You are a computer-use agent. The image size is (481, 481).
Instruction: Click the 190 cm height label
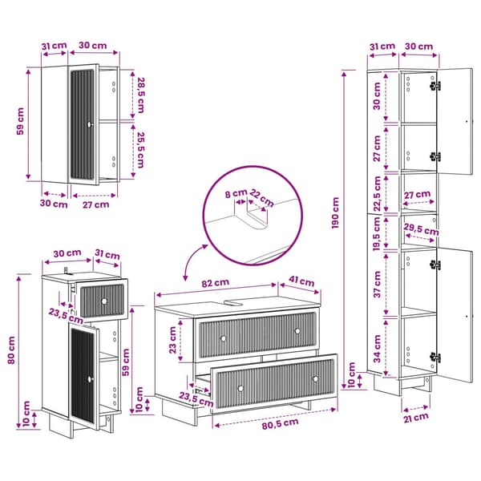coord(335,213)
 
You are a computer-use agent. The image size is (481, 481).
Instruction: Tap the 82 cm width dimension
coord(216,283)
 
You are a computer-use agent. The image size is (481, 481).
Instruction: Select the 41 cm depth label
coord(301,281)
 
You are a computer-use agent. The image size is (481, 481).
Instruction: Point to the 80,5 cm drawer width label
coord(280,423)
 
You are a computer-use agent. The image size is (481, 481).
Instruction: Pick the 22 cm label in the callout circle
coord(261,198)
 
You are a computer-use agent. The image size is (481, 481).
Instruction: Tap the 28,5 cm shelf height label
coord(140,95)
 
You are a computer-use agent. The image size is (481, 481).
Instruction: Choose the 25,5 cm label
coord(140,150)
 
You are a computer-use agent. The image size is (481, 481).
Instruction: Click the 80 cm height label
coord(11,350)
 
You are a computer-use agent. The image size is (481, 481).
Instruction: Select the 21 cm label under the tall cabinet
coord(415,418)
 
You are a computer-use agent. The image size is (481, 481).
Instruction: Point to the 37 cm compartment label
coord(377,284)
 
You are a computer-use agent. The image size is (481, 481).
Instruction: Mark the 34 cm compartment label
coord(377,349)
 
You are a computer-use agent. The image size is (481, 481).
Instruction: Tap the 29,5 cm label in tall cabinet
coord(422,230)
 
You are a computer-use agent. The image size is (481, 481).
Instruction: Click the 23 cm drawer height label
coord(172,340)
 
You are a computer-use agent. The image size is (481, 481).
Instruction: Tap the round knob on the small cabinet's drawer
coord(104,301)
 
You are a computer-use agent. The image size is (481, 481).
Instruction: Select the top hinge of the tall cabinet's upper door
coord(435,86)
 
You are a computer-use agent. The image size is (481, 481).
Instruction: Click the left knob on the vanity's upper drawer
coord(224,338)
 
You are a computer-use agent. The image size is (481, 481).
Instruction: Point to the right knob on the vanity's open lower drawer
coord(315,379)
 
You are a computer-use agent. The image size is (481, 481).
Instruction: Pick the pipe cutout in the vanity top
coord(233,303)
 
